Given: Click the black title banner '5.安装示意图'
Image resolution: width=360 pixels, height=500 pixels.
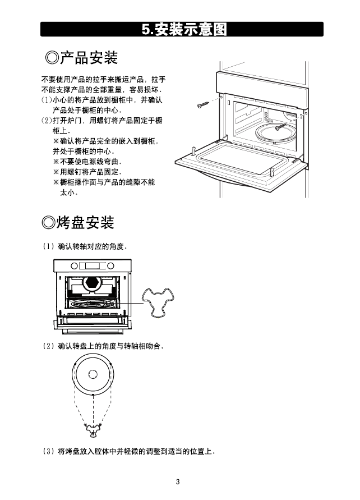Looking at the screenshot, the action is [182, 29].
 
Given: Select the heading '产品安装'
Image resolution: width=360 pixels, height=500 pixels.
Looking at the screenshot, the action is [89, 58].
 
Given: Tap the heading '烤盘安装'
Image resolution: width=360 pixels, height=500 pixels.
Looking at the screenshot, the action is [85, 222].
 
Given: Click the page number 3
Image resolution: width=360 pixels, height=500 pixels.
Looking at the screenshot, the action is [178, 481].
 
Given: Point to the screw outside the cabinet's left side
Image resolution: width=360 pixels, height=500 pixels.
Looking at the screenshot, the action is [202, 104].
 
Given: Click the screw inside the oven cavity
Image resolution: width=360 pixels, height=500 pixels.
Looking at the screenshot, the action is [281, 126].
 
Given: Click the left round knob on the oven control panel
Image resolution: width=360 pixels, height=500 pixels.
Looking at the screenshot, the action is [74, 266].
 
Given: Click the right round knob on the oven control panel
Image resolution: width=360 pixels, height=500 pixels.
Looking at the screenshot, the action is [110, 266].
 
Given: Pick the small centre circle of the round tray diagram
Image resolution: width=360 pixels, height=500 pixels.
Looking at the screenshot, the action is [93, 374].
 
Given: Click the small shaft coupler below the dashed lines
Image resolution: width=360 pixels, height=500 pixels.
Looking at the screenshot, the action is [93, 431].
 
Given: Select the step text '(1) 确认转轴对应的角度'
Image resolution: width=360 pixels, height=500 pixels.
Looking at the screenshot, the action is [85, 246].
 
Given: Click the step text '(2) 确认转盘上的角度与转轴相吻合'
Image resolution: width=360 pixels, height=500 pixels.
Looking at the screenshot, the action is [103, 346].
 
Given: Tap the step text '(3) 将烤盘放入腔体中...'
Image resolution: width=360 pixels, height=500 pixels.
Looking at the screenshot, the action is [129, 451].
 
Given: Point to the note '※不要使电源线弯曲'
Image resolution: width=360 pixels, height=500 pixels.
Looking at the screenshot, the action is [87, 162].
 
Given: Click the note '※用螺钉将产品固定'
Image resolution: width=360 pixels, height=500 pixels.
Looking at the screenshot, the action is [87, 172].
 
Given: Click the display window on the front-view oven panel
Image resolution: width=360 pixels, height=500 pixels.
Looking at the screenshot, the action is [93, 266].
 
